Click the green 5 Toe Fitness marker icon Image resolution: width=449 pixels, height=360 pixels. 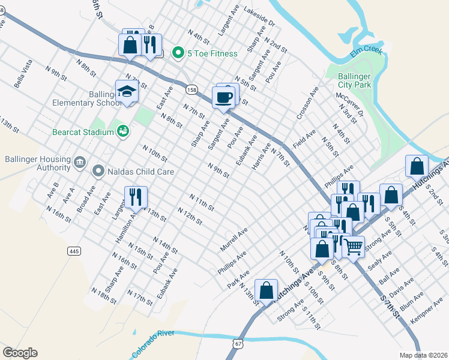click(x=178, y=53)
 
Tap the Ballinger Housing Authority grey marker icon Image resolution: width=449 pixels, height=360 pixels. click(x=79, y=162)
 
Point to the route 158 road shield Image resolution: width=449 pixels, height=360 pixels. click(x=191, y=89)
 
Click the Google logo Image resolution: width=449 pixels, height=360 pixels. click(x=20, y=353)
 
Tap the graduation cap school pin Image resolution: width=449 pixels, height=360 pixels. click(x=127, y=92)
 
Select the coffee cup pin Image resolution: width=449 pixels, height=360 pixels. click(x=224, y=97)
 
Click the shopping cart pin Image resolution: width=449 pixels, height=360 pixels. click(x=354, y=245)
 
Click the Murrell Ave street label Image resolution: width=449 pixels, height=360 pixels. click(x=234, y=239)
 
